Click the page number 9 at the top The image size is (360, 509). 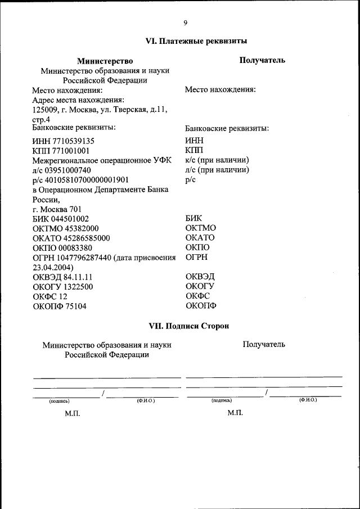(x=185, y=22)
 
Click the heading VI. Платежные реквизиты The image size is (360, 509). (x=196, y=41)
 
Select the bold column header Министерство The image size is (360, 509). (x=105, y=61)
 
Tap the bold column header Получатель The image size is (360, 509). (x=262, y=60)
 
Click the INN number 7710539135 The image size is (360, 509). (x=73, y=141)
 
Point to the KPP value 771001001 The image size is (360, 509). (x=70, y=151)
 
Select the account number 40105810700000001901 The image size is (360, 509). (x=84, y=180)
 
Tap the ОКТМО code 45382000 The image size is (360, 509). (x=78, y=228)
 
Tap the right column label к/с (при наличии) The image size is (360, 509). (x=217, y=160)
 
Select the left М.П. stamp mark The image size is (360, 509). (x=73, y=413)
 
